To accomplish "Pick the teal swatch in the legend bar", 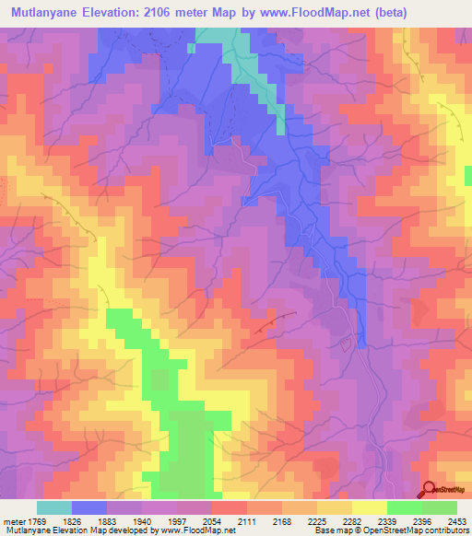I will click(x=54, y=507).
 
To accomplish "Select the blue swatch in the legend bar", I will click(x=89, y=507).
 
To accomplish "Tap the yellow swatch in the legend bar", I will click(x=370, y=507).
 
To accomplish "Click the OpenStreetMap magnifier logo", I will click(x=428, y=490).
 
